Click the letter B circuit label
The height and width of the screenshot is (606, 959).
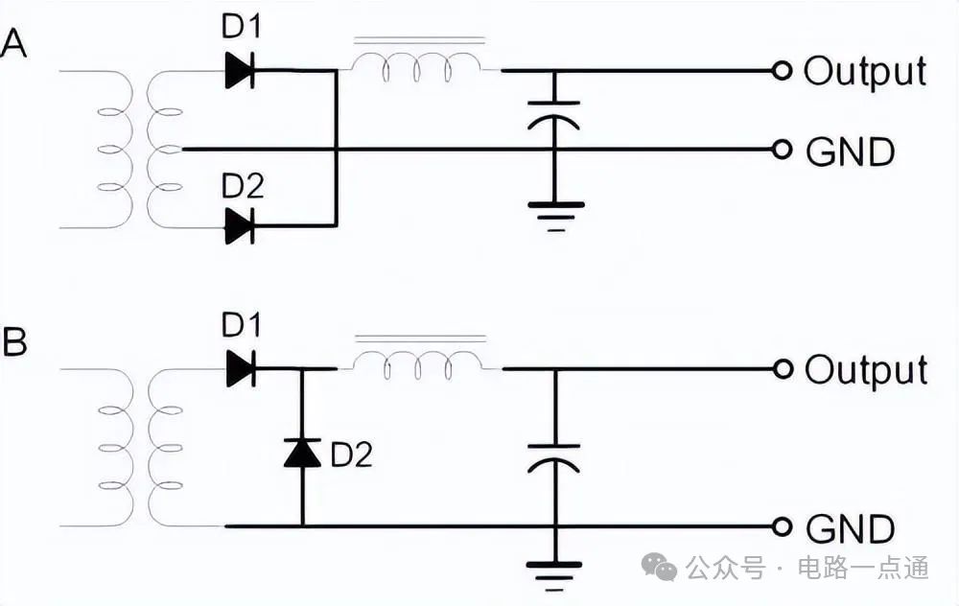click(14, 342)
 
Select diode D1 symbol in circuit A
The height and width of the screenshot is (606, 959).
click(239, 70)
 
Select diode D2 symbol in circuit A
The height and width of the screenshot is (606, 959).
click(239, 226)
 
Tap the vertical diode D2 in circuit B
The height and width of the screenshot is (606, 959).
click(302, 452)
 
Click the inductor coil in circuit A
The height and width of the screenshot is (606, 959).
click(418, 67)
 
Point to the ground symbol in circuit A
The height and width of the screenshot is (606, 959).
click(555, 213)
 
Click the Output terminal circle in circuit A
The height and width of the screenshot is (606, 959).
click(783, 70)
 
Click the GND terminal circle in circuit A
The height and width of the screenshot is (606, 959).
click(783, 150)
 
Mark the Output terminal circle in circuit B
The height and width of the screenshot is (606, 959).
click(783, 369)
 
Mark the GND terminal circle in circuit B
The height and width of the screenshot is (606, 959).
click(783, 526)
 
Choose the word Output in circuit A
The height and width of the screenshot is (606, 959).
click(865, 71)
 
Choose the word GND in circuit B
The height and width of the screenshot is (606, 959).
click(851, 528)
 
